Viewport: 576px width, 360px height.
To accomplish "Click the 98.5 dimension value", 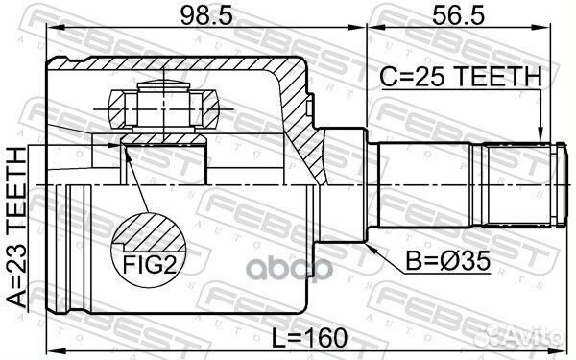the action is point(207,15).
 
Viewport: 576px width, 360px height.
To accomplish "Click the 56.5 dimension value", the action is point(459,15).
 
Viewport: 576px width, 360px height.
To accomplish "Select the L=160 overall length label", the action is point(309,337).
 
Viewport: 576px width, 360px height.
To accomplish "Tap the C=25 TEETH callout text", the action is point(461,77).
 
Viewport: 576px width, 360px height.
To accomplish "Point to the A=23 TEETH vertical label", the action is point(17,227).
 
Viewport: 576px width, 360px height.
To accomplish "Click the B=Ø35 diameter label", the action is point(447,261).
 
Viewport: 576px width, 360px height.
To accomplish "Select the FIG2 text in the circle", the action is point(150,265).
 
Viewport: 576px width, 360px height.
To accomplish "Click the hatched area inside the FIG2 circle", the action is point(150,231).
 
